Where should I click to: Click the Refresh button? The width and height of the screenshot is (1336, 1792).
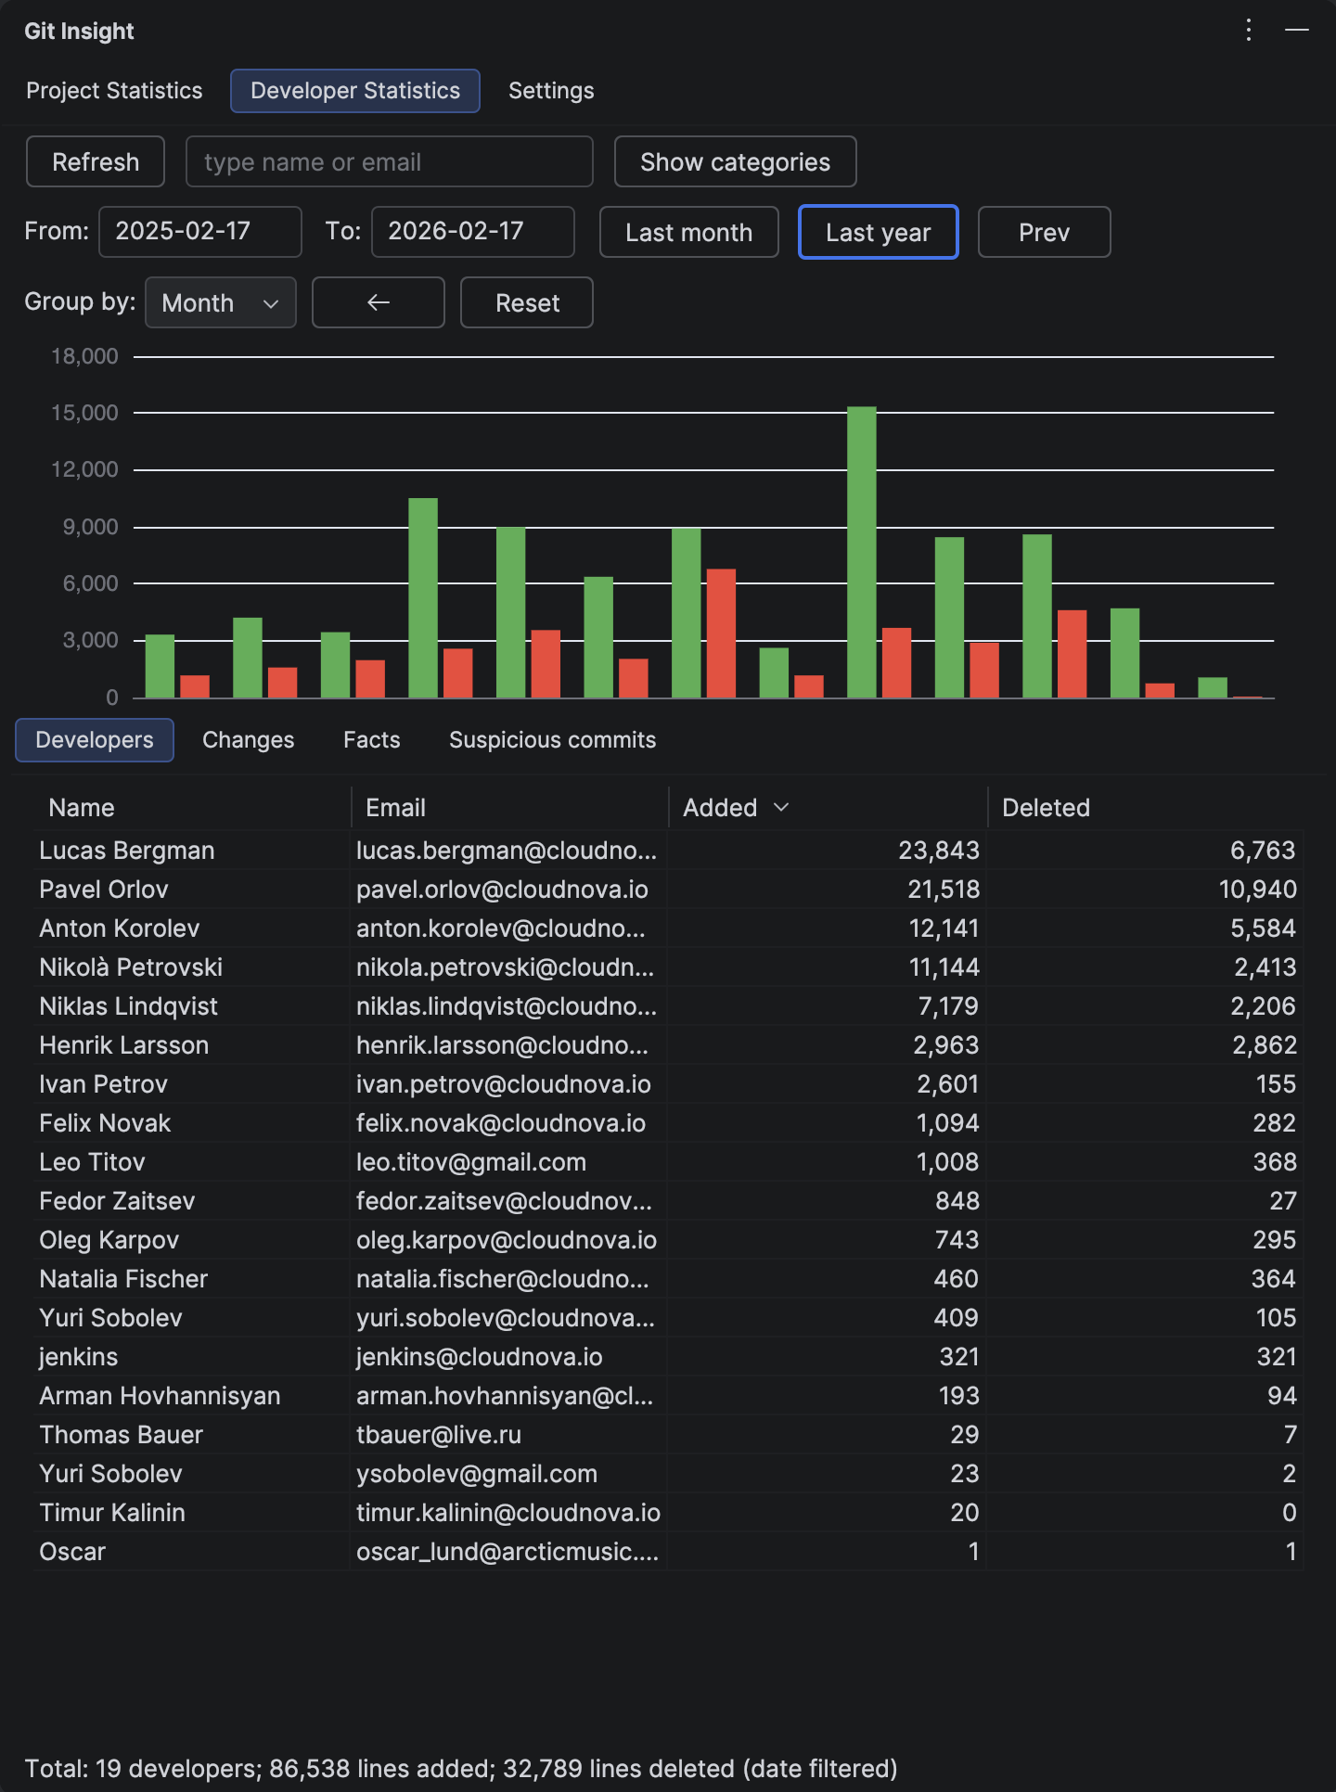96,162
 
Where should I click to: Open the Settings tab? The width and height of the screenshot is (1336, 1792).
551,91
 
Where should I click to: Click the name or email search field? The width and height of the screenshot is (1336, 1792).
389,162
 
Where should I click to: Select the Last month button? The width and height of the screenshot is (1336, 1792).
688,233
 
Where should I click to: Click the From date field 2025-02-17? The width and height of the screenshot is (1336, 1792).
199,232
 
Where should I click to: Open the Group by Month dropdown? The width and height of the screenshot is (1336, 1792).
221,303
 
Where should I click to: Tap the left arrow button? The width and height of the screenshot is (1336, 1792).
378,303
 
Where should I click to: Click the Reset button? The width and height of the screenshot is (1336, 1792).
526,303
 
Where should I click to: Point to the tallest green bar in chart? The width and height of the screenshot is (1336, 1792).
861,552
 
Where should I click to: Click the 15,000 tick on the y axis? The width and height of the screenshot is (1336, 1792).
84,413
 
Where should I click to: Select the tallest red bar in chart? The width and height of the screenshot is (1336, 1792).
721,634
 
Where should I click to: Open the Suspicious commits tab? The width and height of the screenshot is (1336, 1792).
552,740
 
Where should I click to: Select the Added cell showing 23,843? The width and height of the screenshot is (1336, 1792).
938,851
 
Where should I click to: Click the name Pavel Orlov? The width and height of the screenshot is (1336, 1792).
104,890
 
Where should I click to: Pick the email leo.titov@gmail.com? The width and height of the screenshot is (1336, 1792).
471,1162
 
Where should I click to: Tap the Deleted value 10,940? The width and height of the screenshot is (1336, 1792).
1257,890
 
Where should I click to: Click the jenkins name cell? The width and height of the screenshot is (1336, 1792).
79,1357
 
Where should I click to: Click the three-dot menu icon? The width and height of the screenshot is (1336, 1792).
1249,31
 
